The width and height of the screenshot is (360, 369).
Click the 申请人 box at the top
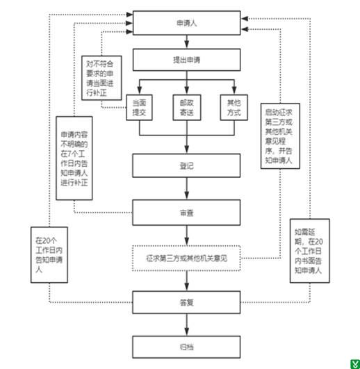click(x=186, y=23)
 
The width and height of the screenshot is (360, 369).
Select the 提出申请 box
click(x=186, y=60)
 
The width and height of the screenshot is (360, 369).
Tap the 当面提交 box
click(x=139, y=108)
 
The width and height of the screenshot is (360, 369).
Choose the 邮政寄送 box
click(x=187, y=108)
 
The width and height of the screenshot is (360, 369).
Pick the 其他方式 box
click(x=234, y=108)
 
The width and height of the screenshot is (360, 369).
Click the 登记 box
click(x=186, y=165)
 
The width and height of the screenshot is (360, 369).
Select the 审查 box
click(x=186, y=213)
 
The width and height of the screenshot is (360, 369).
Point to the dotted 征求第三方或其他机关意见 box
click(x=186, y=258)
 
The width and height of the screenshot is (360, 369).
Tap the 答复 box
click(x=186, y=302)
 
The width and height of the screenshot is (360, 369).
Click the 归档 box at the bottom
click(x=186, y=347)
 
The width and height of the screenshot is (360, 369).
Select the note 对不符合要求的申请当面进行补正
click(x=101, y=78)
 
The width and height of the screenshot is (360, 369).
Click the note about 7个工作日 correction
click(x=74, y=158)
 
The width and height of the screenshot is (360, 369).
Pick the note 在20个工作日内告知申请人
click(x=49, y=255)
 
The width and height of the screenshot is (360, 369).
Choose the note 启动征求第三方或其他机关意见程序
click(x=280, y=136)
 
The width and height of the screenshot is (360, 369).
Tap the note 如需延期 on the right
click(x=310, y=251)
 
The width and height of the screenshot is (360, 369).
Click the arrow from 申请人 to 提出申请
click(x=186, y=42)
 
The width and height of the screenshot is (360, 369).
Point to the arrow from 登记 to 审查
click(x=186, y=188)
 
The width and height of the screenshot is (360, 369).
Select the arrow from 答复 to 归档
click(x=186, y=325)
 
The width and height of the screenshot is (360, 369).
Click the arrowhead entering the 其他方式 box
click(x=234, y=90)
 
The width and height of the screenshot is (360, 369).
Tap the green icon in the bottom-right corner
click(x=355, y=364)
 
